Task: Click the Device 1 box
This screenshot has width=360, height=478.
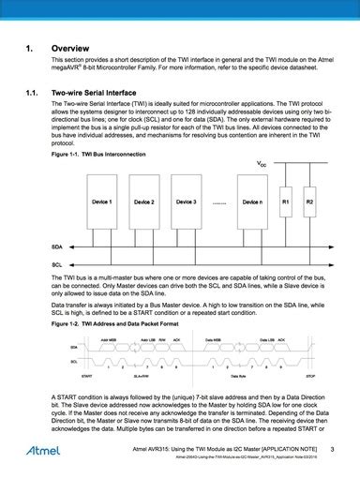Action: (103, 202)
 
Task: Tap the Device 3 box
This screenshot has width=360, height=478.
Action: (186, 202)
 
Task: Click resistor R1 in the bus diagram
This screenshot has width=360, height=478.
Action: (286, 203)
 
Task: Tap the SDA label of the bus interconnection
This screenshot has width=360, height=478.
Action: (57, 246)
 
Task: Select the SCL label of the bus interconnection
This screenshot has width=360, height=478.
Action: (57, 265)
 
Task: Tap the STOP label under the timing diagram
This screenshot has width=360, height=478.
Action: (309, 373)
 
